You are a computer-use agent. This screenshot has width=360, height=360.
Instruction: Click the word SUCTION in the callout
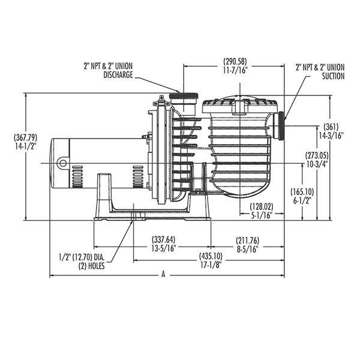[329, 76]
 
